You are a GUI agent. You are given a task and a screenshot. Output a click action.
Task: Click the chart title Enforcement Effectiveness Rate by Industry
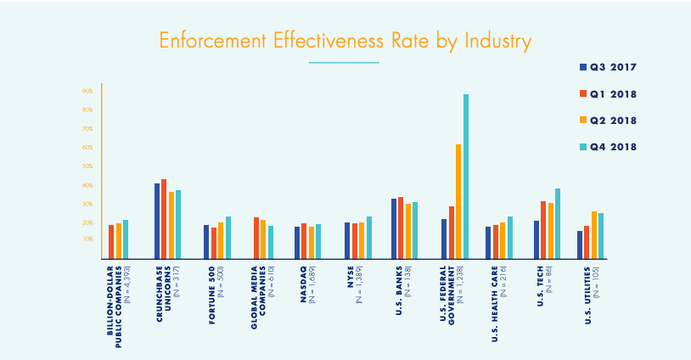click(345, 40)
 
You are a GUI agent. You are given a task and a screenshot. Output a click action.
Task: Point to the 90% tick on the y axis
click(87, 91)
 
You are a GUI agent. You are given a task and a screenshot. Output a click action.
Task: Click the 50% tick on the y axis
click(87, 166)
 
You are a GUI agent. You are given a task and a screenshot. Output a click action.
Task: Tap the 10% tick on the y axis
click(87, 239)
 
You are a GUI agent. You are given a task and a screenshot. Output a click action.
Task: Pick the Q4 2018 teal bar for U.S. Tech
click(557, 223)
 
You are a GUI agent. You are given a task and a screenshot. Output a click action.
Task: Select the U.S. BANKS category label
click(401, 290)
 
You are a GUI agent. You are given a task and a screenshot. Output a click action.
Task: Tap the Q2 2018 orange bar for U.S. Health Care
click(503, 240)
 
